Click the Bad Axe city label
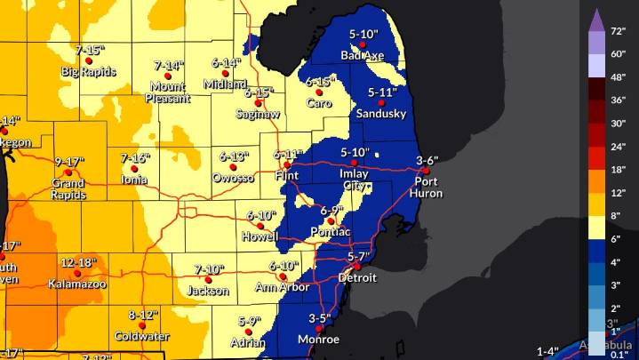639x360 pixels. click(x=361, y=55)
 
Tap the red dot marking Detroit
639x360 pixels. click(x=356, y=266)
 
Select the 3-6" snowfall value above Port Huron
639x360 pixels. click(x=427, y=160)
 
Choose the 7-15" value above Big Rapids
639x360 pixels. click(x=89, y=50)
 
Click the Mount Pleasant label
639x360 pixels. click(x=167, y=92)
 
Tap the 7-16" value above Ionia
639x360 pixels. click(x=135, y=158)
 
